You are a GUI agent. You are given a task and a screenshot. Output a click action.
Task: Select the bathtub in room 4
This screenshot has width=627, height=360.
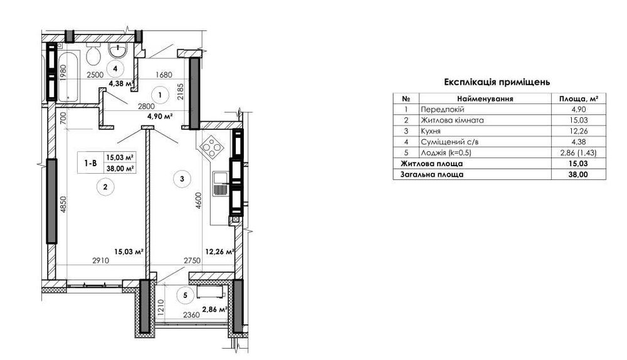pyautogui.click(x=69, y=76)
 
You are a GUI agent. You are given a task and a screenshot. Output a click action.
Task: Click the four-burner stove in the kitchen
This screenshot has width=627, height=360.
pyautogui.click(x=211, y=147)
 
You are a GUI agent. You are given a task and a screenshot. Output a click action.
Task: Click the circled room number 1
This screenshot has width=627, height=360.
pyautogui.click(x=160, y=95)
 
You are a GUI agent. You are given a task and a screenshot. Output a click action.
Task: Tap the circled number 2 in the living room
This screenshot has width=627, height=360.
pyautogui.click(x=105, y=187)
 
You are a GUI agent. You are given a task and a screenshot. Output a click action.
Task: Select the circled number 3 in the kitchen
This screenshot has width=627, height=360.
pyautogui.click(x=182, y=179)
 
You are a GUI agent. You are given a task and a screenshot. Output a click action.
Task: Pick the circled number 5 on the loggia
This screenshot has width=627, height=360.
pyautogui.click(x=185, y=295)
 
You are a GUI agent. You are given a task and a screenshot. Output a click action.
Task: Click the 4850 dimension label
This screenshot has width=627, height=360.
pyautogui.click(x=63, y=205)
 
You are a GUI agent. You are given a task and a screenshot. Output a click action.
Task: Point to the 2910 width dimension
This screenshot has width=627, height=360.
pyautogui.click(x=101, y=260)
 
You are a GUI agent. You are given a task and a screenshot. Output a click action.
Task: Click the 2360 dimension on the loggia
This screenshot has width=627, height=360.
pyautogui.click(x=191, y=315)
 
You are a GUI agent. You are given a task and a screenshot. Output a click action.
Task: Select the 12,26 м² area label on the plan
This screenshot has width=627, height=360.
pyautogui.click(x=219, y=252)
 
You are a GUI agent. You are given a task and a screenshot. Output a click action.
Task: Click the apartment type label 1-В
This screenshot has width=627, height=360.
pyautogui.click(x=90, y=163)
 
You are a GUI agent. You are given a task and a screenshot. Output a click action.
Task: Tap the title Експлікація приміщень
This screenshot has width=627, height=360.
pyautogui.click(x=497, y=82)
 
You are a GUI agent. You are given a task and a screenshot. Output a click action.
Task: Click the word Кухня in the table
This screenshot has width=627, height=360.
pyautogui.click(x=431, y=131)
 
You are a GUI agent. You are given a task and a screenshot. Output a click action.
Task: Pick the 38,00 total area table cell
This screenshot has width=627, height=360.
pyautogui.click(x=578, y=174)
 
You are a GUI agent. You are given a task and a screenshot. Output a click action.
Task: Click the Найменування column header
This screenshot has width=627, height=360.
pyautogui.click(x=485, y=98)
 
